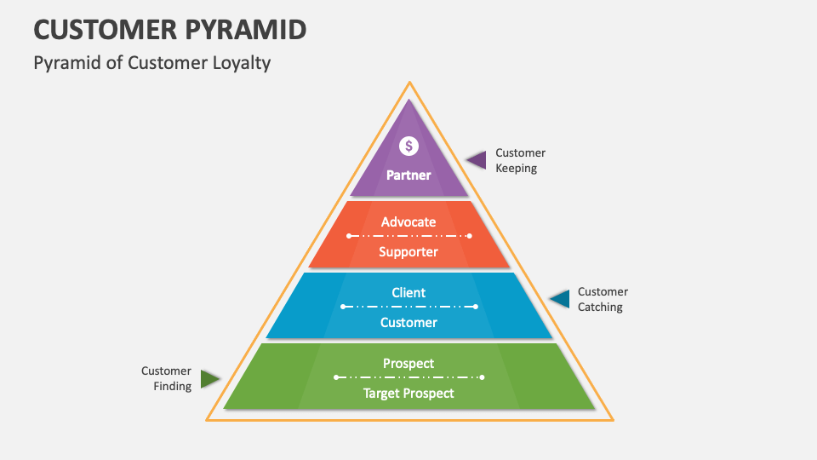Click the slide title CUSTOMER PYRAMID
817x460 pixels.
[x=170, y=30]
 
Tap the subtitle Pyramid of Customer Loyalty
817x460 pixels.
[x=152, y=63]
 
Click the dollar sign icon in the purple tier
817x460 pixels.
[x=409, y=146]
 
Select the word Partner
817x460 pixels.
[x=409, y=175]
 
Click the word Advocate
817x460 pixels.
[x=408, y=221]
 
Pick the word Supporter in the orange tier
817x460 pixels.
[x=408, y=251]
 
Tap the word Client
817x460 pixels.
[x=408, y=292]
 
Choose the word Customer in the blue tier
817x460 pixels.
[x=408, y=322]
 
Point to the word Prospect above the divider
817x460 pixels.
[x=408, y=363]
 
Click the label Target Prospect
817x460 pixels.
[x=408, y=393]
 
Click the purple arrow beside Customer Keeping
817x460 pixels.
[x=475, y=159]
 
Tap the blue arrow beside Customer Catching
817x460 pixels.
[x=559, y=299]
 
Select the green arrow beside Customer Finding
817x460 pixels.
[x=209, y=379]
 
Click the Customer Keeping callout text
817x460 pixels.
[x=520, y=160]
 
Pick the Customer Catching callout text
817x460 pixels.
[x=603, y=299]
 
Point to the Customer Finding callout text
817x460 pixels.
[x=166, y=378]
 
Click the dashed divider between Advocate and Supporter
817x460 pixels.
[x=409, y=236]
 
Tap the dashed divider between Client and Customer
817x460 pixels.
[x=409, y=307]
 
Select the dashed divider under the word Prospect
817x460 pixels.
[x=409, y=377]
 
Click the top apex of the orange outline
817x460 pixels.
[x=410, y=83]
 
